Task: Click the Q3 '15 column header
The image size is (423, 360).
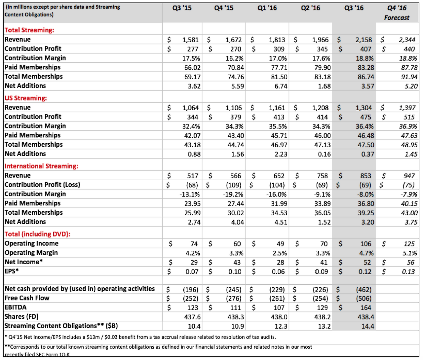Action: (182, 8)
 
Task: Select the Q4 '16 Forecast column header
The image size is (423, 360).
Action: (397, 13)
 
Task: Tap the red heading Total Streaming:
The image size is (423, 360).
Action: (29, 30)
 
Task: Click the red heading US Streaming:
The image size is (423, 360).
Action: (26, 98)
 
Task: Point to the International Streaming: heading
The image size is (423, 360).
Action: (42, 166)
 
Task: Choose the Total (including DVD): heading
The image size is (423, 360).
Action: (37, 234)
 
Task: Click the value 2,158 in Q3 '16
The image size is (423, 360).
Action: (364, 40)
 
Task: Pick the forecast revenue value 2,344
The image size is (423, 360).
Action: (407, 40)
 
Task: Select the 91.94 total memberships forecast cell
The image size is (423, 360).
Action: (409, 77)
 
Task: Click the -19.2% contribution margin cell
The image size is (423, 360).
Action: (233, 195)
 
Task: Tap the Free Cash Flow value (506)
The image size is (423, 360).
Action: (364, 299)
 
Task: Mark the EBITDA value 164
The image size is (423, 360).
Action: (365, 308)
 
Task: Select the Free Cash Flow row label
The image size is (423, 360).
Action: (27, 298)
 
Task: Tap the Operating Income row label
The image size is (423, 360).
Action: (31, 243)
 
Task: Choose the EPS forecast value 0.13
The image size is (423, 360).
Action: (408, 272)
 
